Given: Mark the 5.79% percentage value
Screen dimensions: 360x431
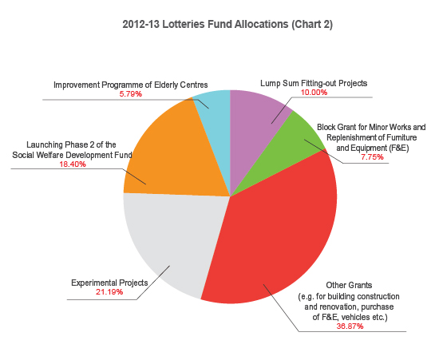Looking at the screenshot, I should (x=130, y=94).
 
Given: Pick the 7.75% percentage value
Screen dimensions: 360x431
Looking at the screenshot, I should (x=371, y=157).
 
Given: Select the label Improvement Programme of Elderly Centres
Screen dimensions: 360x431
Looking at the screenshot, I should (x=130, y=84).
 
